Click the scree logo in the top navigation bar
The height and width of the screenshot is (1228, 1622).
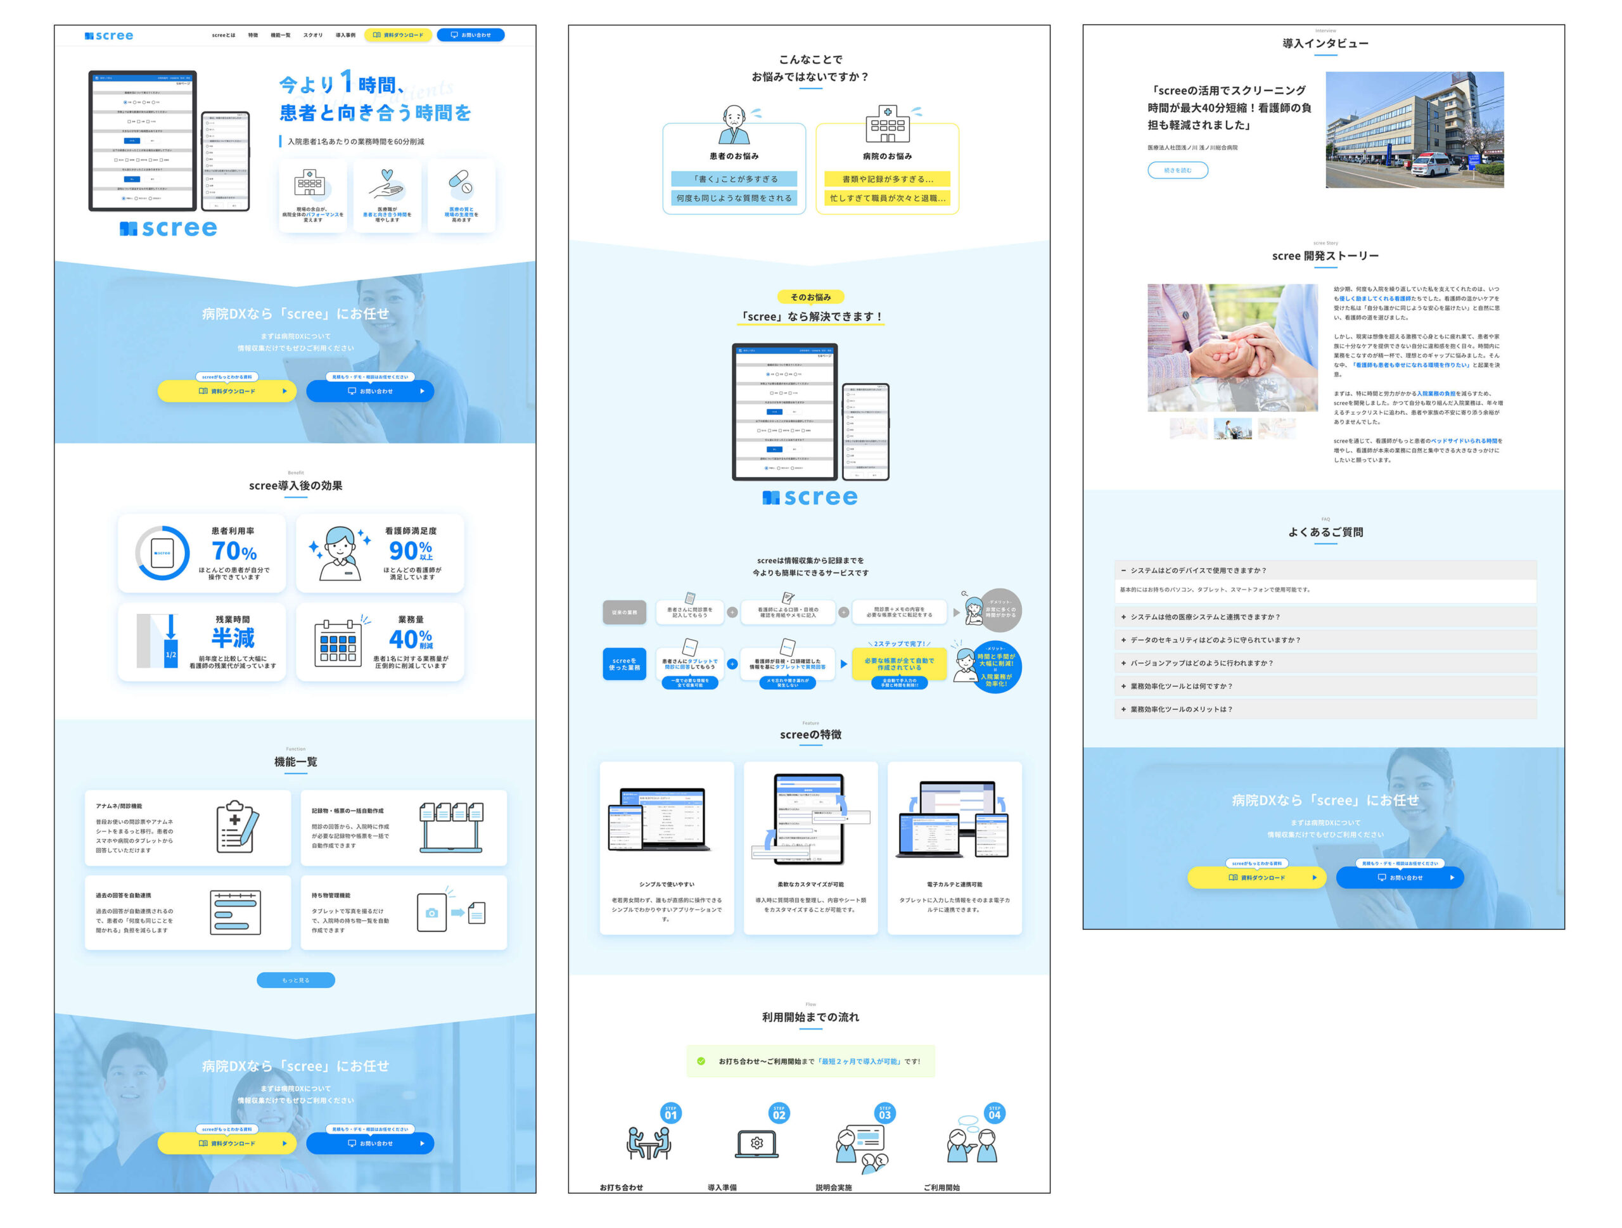[108, 35]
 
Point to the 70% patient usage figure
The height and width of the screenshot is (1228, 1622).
[234, 552]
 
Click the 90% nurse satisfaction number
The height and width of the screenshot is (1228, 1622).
[410, 550]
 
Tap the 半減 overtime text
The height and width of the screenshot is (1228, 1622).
[233, 638]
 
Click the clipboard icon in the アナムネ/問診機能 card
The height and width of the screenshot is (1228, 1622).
[237, 826]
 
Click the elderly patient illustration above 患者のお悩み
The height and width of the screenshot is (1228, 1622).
[734, 125]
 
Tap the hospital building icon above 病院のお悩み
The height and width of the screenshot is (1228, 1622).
[887, 124]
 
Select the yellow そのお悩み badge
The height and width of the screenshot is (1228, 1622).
[810, 297]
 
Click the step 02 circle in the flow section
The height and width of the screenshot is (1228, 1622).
[779, 1113]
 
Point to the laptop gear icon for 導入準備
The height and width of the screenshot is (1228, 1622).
[757, 1144]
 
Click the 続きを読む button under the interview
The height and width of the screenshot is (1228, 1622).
[1177, 170]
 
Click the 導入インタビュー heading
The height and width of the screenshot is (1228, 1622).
[1325, 44]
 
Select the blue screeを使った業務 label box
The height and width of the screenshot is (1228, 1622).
[624, 664]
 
